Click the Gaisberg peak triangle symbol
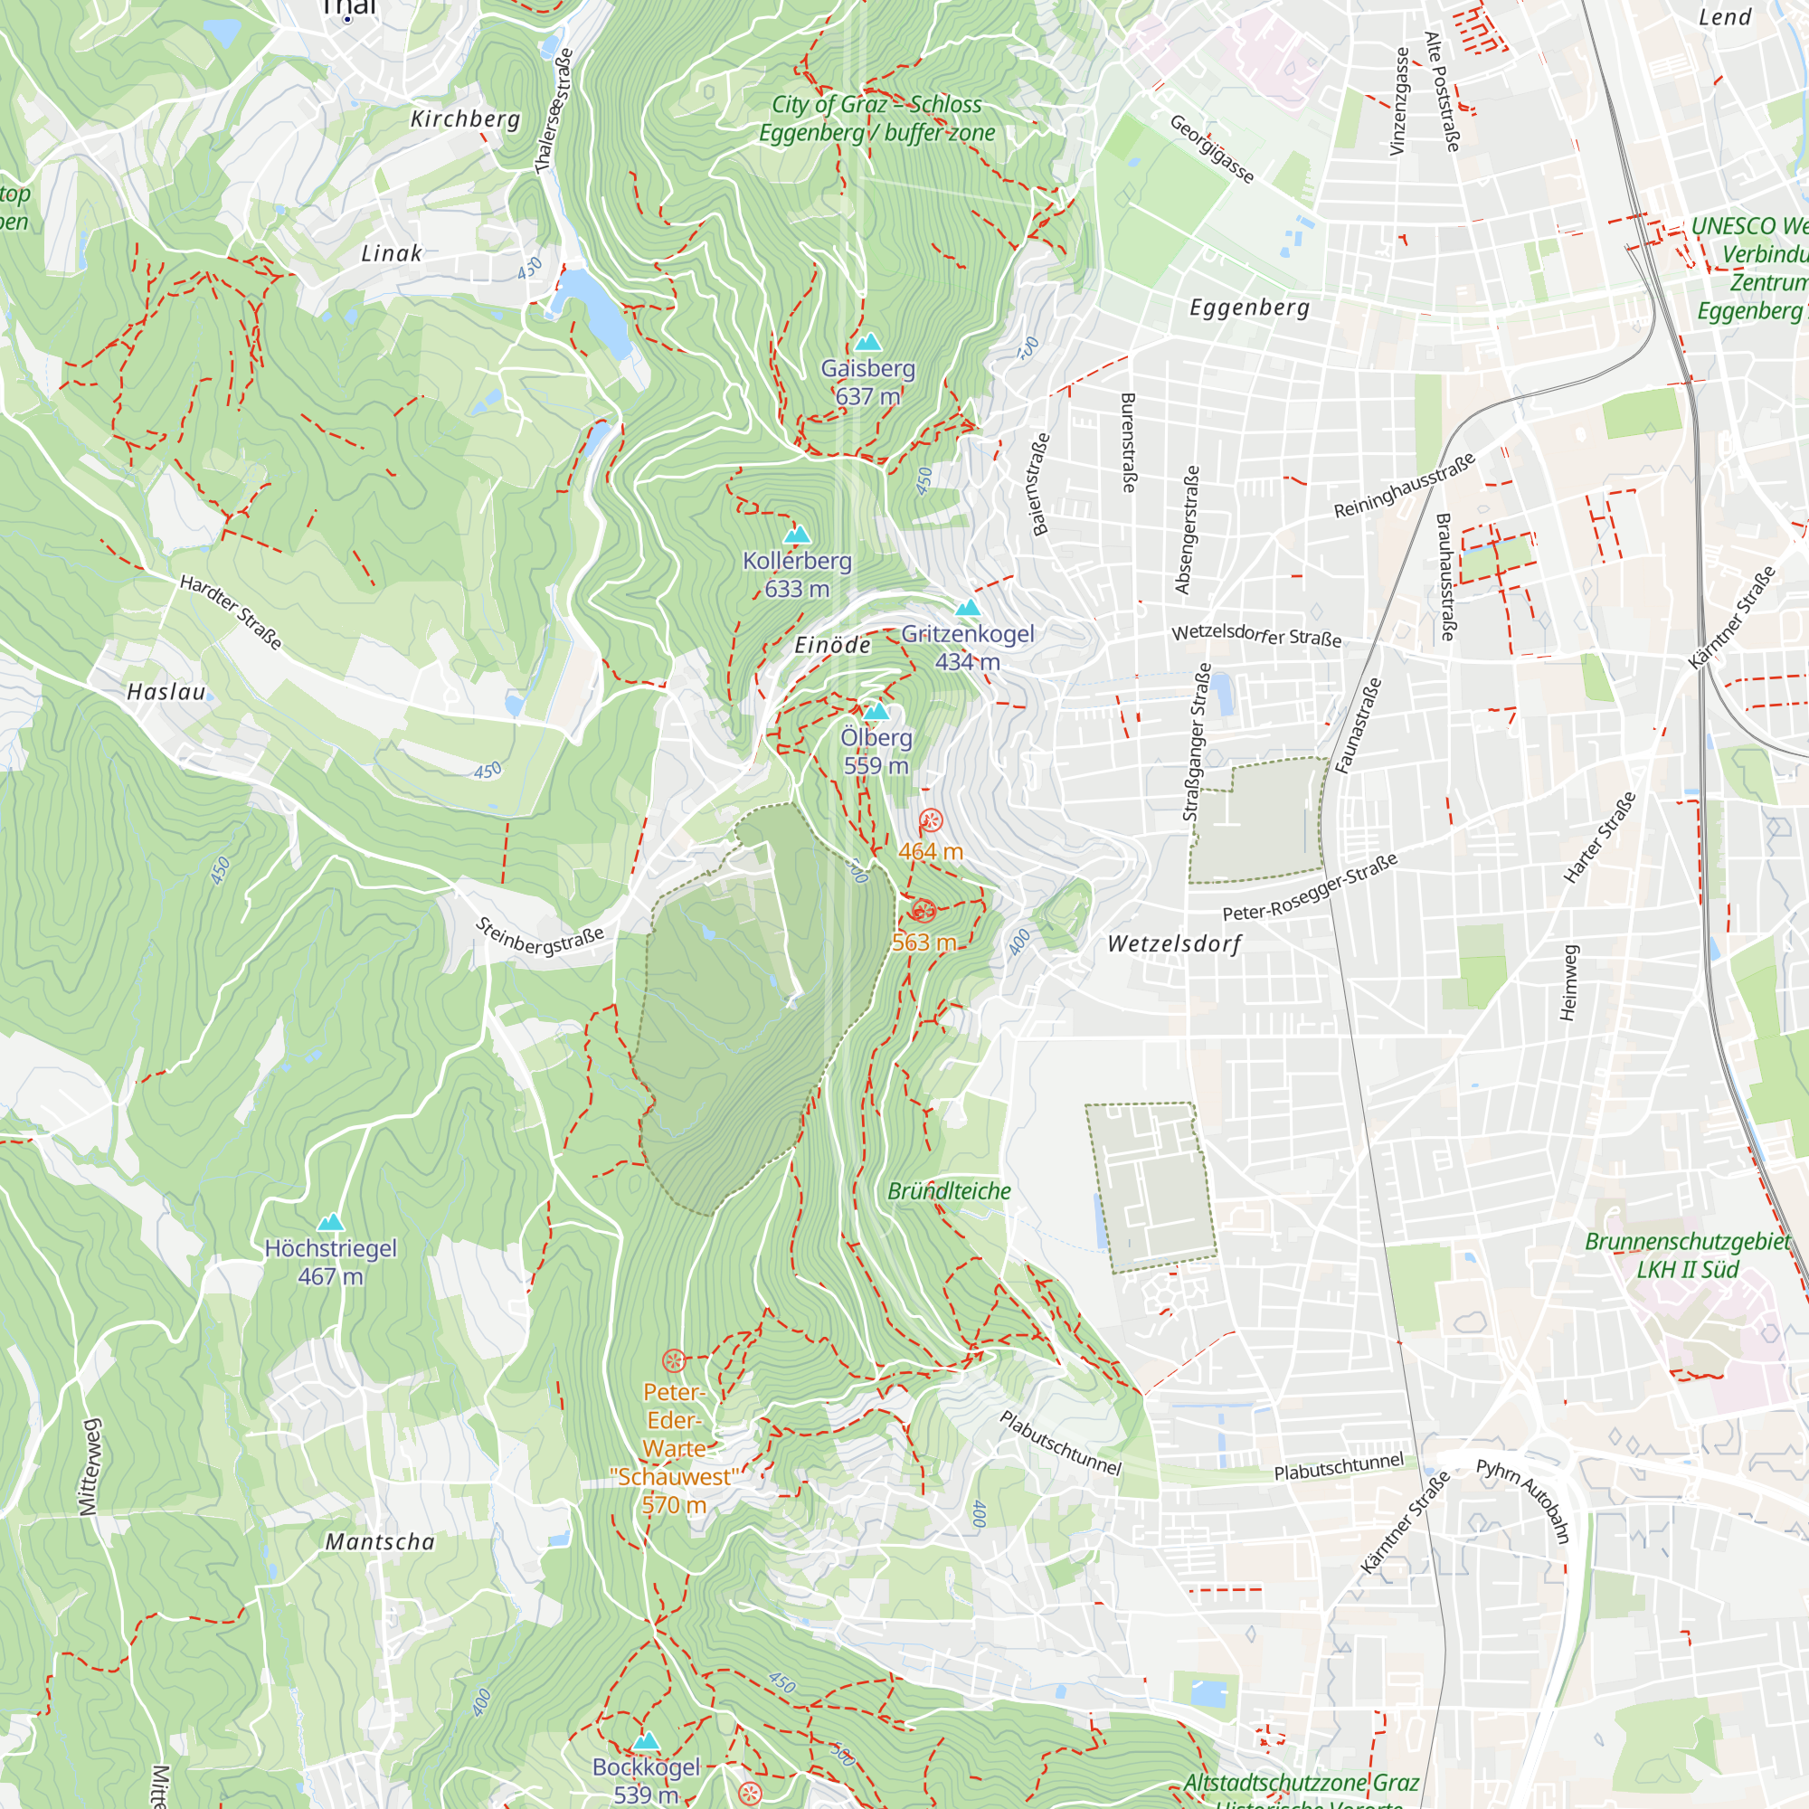(x=868, y=342)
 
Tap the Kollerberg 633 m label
(x=797, y=574)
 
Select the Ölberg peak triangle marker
(x=876, y=712)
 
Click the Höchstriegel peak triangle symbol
(x=330, y=1222)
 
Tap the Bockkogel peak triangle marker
(x=646, y=1740)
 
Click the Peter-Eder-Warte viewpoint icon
(x=674, y=1360)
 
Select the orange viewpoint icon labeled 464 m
(x=931, y=820)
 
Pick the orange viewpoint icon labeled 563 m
(x=923, y=910)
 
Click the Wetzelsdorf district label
(x=1174, y=943)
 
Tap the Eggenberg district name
(x=1249, y=308)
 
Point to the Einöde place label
(x=832, y=645)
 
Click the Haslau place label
(x=166, y=692)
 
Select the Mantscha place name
(x=380, y=1542)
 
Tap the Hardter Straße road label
(x=231, y=612)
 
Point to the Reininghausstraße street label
(x=1405, y=485)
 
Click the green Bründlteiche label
(x=949, y=1191)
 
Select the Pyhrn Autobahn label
(x=1522, y=1500)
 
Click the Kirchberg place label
(x=465, y=118)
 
